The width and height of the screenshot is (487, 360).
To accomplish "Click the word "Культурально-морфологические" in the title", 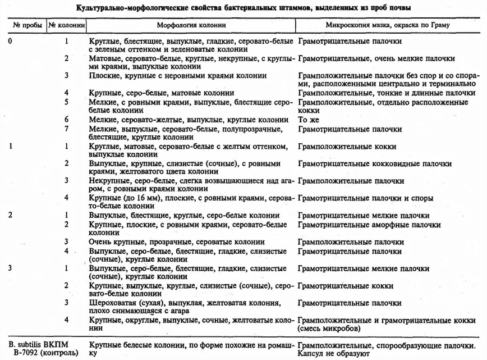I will pyautogui.click(x=133, y=8).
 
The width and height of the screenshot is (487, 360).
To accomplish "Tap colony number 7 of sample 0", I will pyautogui.click(x=67, y=128).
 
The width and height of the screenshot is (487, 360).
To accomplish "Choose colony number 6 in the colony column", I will pyautogui.click(x=67, y=120).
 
